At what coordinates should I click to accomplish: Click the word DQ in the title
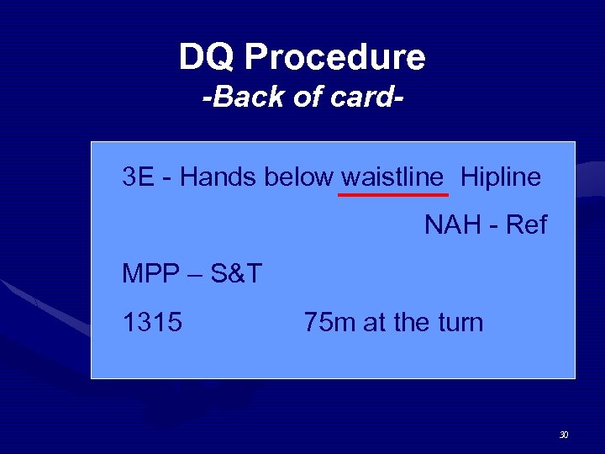point(208,57)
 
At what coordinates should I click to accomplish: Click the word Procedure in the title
point(334,57)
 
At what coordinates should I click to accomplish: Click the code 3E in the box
point(138,177)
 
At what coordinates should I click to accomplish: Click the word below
point(300,177)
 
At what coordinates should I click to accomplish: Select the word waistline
point(392,177)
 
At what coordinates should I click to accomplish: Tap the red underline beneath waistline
point(392,194)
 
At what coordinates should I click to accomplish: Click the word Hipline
point(501,177)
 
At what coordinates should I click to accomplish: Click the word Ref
point(527,225)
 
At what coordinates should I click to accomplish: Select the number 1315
point(152,322)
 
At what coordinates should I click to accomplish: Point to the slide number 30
point(564,436)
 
